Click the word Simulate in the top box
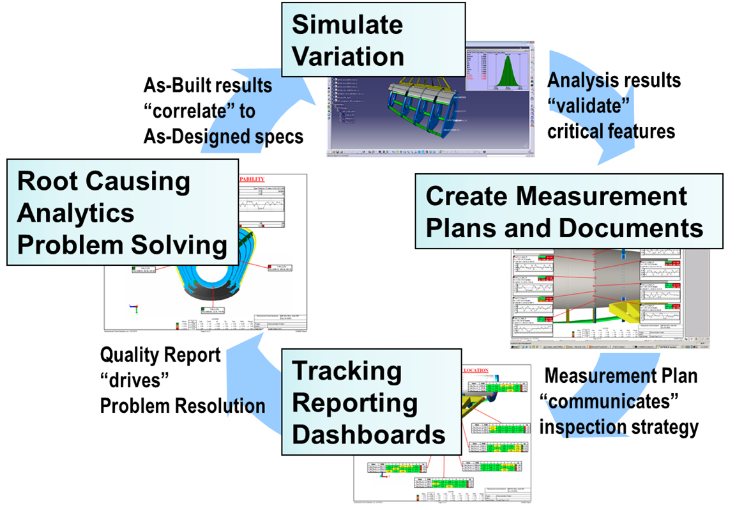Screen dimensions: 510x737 [347, 26]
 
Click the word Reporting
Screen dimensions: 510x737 [354, 403]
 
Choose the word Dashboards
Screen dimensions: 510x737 [368, 435]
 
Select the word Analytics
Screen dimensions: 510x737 [76, 213]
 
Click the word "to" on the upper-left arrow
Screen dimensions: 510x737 [247, 111]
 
